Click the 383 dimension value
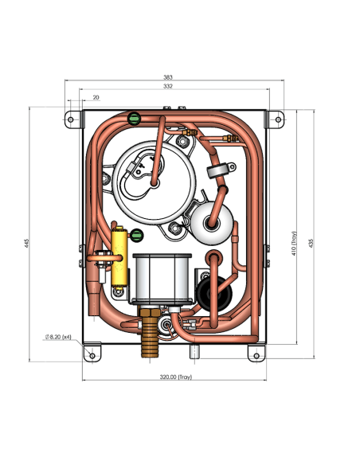[168, 77]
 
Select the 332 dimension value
[168, 86]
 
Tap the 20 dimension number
[96, 97]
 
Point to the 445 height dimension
[27, 243]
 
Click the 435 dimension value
[311, 243]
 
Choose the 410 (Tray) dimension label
[294, 243]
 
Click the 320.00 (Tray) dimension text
[176, 377]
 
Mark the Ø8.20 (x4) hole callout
[58, 337]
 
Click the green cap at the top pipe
[134, 119]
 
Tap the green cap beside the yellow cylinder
[136, 236]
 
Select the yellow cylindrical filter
[119, 257]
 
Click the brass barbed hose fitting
[150, 332]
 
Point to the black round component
[214, 294]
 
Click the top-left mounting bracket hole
[71, 119]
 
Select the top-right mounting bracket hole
[278, 119]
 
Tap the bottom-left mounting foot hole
[92, 355]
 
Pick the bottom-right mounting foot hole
[256, 356]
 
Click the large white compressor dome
[155, 182]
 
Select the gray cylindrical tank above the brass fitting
[162, 279]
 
